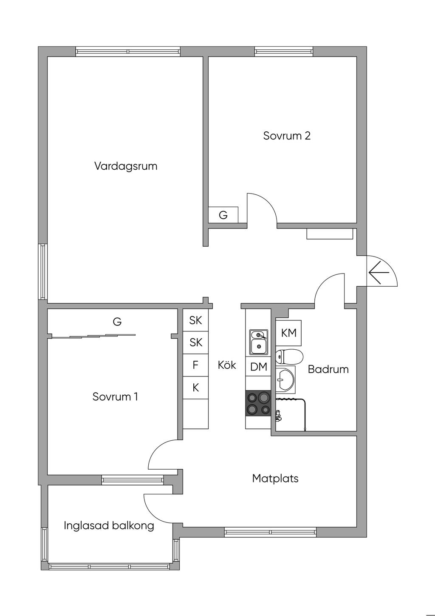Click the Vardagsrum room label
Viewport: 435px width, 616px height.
click(x=126, y=166)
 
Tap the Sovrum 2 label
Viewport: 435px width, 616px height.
click(x=287, y=136)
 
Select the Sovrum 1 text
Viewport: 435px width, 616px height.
click(x=115, y=396)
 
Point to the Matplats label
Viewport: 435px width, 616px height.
click(x=275, y=478)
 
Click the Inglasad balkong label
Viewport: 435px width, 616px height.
click(x=109, y=525)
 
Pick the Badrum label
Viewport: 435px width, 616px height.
click(x=328, y=369)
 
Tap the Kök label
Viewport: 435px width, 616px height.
click(x=227, y=365)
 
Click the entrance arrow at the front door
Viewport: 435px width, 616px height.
click(x=379, y=272)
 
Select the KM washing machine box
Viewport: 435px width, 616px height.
click(x=289, y=333)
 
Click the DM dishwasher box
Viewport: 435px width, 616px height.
click(x=258, y=367)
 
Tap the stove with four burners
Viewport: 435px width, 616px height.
click(x=258, y=402)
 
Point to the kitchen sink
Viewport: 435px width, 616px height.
click(x=258, y=342)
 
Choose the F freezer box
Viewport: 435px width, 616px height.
click(x=195, y=365)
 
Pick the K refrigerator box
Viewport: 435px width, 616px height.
click(x=195, y=388)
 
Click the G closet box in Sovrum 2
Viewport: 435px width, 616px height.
click(x=223, y=215)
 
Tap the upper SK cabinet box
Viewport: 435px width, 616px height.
click(x=195, y=320)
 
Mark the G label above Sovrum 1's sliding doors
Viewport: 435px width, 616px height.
click(x=117, y=322)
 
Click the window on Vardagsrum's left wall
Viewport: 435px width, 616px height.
click(x=42, y=271)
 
